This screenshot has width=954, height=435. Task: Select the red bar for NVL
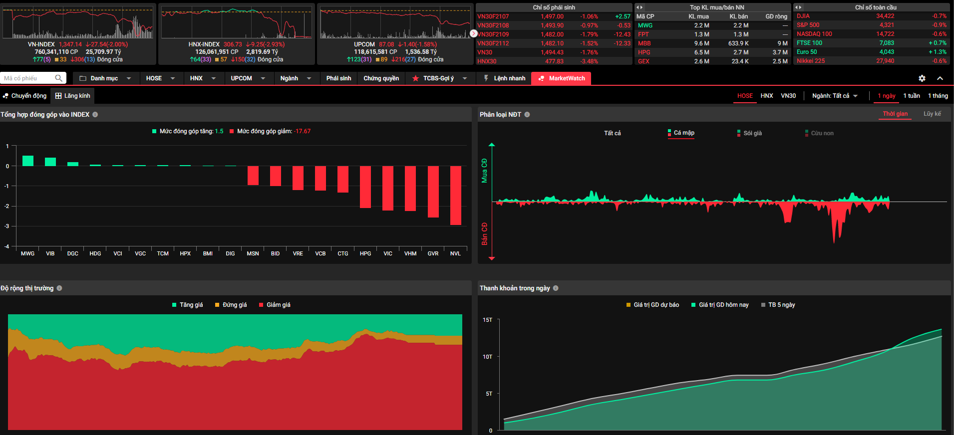click(x=455, y=196)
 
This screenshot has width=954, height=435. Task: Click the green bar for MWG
click(x=28, y=161)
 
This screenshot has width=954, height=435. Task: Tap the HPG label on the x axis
click(x=365, y=253)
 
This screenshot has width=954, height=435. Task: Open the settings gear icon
click(x=922, y=78)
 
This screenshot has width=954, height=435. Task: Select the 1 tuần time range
click(x=912, y=96)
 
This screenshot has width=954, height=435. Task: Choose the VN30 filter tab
click(x=788, y=96)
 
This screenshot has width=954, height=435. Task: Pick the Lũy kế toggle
click(x=932, y=114)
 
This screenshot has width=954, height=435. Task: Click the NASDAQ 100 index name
click(x=814, y=34)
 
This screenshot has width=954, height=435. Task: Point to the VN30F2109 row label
click(x=493, y=34)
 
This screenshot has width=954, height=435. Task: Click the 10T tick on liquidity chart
click(x=487, y=357)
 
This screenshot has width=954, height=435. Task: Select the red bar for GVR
click(x=433, y=192)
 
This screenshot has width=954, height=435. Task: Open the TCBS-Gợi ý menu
click(x=438, y=78)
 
